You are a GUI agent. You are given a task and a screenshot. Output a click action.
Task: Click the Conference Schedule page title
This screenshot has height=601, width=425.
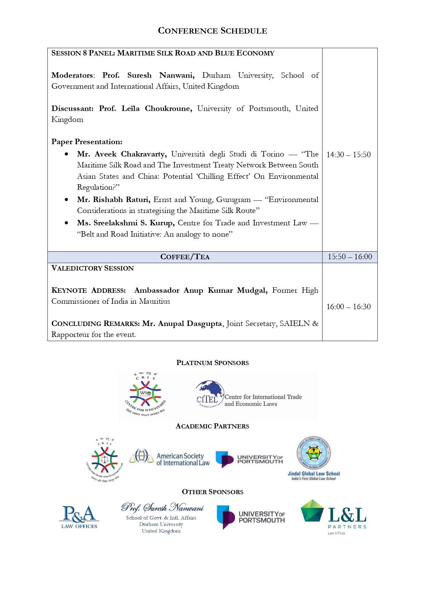[212, 31]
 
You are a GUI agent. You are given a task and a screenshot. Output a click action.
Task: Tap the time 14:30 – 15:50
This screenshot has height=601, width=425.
[348, 154]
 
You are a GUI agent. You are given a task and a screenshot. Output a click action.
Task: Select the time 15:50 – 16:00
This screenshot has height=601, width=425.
[350, 257]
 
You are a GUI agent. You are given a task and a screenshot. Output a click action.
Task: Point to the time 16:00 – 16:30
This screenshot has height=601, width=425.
[348, 306]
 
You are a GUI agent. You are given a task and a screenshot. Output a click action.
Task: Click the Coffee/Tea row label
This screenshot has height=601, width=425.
[185, 257]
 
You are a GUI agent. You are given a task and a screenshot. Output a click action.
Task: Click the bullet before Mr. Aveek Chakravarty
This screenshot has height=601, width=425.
[66, 154]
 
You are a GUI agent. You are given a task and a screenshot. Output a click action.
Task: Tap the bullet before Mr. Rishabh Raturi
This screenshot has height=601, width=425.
[66, 200]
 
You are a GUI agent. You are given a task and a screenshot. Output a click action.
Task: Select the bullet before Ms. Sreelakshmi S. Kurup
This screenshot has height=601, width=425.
[66, 223]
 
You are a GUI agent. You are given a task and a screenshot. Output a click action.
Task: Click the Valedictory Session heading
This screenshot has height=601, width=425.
[92, 268]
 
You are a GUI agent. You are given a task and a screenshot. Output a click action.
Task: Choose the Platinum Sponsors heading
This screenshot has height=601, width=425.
[212, 363]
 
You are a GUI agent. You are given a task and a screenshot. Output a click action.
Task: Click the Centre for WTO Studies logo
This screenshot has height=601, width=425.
[146, 395]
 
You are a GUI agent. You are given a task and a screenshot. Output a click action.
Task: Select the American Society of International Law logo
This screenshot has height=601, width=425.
[170, 459]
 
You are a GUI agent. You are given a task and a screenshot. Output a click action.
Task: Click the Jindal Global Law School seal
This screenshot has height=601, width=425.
[314, 453]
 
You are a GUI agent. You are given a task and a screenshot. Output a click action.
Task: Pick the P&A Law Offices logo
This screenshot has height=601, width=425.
[79, 517]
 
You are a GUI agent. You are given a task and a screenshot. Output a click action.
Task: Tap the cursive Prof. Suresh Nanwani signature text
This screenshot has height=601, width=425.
[162, 507]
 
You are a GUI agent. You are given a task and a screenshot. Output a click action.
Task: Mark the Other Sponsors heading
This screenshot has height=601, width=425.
[212, 492]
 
